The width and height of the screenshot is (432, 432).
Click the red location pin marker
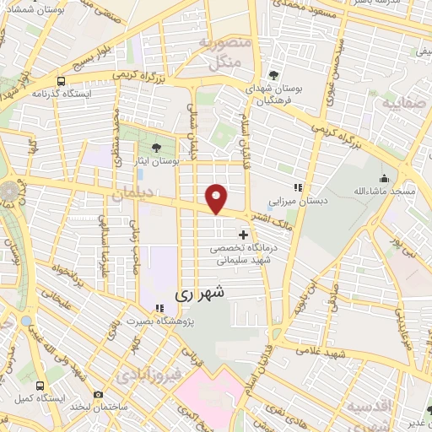coord(217,198)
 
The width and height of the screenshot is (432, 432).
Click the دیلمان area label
coord(129,194)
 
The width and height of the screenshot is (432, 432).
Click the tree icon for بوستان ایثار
coord(156,148)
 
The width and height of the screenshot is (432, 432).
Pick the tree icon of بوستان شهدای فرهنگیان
coord(273,73)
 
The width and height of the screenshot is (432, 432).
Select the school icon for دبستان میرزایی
coord(296,187)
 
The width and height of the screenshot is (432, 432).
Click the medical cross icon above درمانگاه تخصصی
coord(244,234)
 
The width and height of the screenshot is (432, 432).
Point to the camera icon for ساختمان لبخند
coord(98,394)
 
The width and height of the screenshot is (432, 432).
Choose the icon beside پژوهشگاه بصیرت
coord(158,307)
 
